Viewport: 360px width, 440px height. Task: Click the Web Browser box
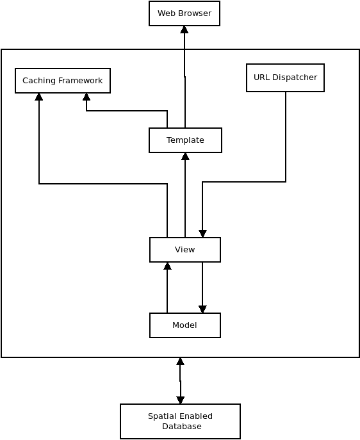coord(184,13)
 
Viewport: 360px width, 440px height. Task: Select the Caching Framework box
coord(63,81)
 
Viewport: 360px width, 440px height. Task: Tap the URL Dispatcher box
coord(285,77)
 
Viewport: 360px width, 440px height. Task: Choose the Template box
coord(185,140)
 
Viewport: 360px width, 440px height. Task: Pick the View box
coord(185,250)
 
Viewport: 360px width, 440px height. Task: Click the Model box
coord(185,325)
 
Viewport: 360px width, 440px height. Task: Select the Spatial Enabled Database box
coord(180,421)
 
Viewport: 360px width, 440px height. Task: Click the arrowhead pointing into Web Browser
coord(184,29)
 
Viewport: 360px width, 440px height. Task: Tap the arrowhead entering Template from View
coord(185,156)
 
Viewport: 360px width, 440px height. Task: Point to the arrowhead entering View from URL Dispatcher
coord(202,234)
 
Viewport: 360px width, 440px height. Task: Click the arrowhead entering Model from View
coord(202,309)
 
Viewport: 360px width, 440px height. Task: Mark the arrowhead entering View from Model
coord(168,266)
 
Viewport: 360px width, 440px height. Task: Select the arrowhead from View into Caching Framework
coord(39,97)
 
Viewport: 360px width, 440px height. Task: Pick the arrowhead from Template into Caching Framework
coord(86,97)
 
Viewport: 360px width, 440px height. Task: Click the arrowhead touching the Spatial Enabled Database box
coord(181,400)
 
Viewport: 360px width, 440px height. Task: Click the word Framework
coord(80,81)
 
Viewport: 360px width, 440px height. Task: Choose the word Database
coord(182,427)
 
